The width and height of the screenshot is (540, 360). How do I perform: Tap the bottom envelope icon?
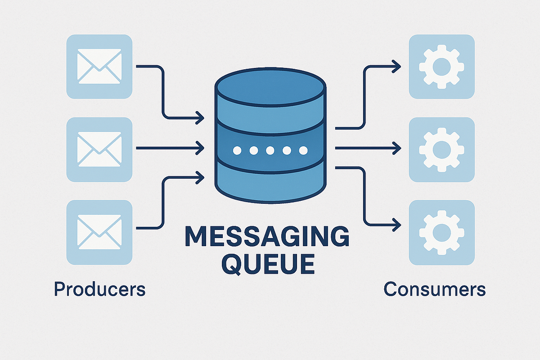(x=99, y=233)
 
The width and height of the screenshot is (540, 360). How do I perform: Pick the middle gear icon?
(x=441, y=148)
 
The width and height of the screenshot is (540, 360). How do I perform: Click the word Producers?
(x=99, y=289)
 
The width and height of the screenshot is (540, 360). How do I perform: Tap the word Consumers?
(x=435, y=289)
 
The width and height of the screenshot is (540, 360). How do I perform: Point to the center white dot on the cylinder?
(x=270, y=150)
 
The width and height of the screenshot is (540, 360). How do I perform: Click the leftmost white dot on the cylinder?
(x=237, y=150)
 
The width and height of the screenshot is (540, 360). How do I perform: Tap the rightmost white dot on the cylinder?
(x=303, y=150)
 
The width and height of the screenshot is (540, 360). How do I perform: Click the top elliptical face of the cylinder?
(x=270, y=85)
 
